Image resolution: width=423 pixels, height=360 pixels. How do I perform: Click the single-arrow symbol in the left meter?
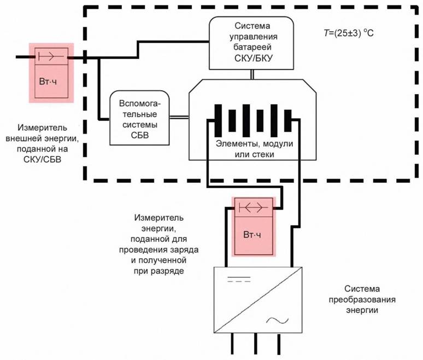(51, 55)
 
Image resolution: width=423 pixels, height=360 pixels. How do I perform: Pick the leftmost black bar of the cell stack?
(218, 120)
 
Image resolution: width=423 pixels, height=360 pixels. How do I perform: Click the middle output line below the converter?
(256, 345)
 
